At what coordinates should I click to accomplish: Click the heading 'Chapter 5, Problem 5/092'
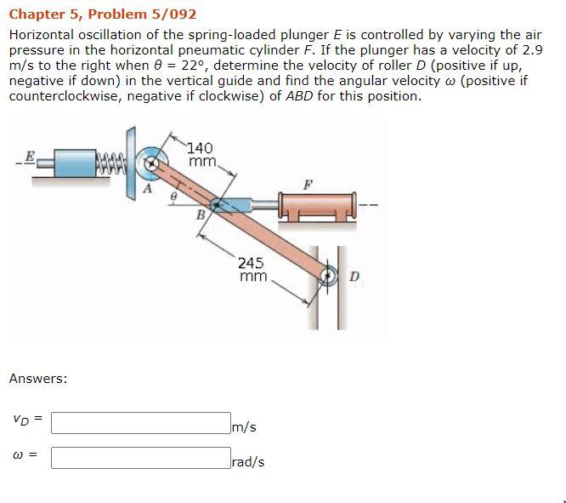click(103, 14)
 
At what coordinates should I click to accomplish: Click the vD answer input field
click(140, 422)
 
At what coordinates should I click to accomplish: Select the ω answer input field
click(140, 459)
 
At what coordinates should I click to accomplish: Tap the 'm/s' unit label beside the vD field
click(245, 426)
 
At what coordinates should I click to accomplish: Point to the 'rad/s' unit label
click(249, 462)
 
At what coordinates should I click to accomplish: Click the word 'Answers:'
click(38, 378)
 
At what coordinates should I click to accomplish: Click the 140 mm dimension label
click(201, 154)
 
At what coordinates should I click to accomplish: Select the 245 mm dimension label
click(253, 270)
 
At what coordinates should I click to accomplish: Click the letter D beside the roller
click(354, 276)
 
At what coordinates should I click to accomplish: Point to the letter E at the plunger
click(30, 156)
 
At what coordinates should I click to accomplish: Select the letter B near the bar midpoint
click(201, 214)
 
